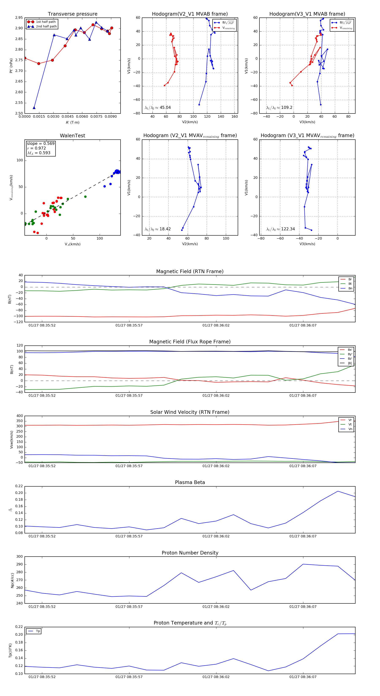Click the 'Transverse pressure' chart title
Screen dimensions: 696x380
[72, 14]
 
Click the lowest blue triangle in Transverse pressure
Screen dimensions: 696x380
[34, 108]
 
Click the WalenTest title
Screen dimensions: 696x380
[72, 136]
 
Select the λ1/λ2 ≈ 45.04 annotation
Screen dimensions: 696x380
[158, 108]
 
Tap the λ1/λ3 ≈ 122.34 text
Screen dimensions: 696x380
[281, 229]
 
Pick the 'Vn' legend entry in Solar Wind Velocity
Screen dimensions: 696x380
[350, 429]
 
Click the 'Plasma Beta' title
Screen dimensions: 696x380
[190, 483]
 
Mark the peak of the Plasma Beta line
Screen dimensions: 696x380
[338, 491]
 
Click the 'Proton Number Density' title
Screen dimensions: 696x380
[190, 553]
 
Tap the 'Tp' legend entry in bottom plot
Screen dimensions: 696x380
[38, 631]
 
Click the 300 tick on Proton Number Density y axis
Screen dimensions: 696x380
[19, 557]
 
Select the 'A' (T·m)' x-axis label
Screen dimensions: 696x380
[72, 122]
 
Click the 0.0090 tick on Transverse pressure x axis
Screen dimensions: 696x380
[111, 117]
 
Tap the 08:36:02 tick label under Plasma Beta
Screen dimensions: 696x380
[216, 536]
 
